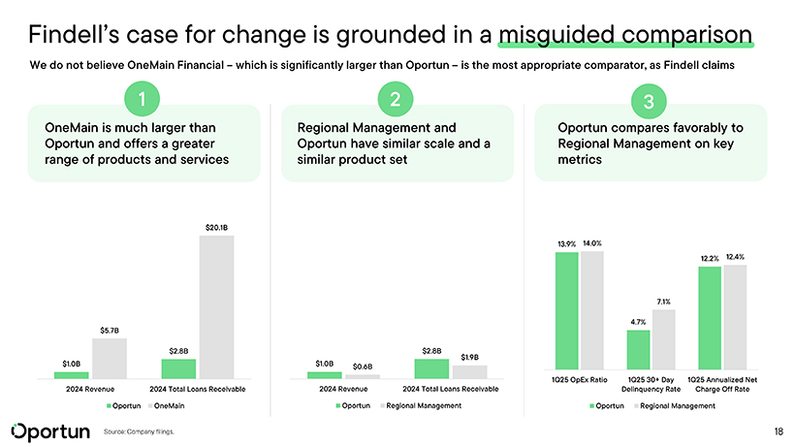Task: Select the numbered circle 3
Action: [649, 100]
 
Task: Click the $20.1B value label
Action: [216, 228]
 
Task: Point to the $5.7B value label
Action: [110, 331]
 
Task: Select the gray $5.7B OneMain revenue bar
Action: [110, 358]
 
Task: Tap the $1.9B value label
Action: [470, 357]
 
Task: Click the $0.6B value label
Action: [363, 367]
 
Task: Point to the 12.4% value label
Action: [735, 256]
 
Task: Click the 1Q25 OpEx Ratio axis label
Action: [580, 378]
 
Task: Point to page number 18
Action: [779, 431]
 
